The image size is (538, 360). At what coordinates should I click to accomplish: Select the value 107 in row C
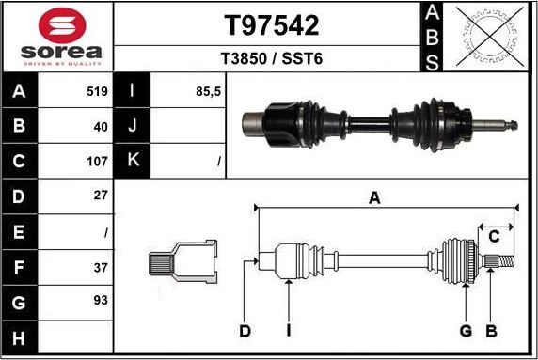tap(98, 162)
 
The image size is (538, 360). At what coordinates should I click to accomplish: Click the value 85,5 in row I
tap(207, 92)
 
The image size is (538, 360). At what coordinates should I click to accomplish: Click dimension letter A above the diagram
tap(374, 197)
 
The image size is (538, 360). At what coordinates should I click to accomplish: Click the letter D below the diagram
tap(245, 331)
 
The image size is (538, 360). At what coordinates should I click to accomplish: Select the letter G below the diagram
tap(465, 331)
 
